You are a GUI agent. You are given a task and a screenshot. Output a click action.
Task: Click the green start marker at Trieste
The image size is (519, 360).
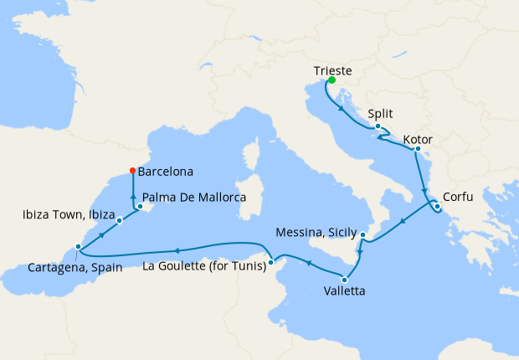(331, 81)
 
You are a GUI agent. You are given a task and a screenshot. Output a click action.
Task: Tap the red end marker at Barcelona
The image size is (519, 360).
(131, 172)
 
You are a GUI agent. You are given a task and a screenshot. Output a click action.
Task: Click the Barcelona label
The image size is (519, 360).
(165, 172)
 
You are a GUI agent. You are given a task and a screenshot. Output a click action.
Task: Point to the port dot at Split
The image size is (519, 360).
(378, 126)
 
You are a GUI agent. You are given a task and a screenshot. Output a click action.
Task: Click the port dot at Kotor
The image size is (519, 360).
(416, 150)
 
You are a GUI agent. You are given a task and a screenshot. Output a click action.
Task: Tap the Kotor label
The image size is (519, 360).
(417, 138)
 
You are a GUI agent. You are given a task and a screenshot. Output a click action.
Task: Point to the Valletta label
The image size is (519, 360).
(344, 293)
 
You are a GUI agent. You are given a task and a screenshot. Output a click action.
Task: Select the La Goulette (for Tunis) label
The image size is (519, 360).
(203, 266)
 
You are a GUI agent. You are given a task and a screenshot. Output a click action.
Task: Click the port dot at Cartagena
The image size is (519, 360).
(78, 247)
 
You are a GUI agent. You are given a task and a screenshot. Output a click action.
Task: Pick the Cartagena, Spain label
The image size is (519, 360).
(76, 268)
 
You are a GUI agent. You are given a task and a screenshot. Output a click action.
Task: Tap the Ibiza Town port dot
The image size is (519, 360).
(120, 221)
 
